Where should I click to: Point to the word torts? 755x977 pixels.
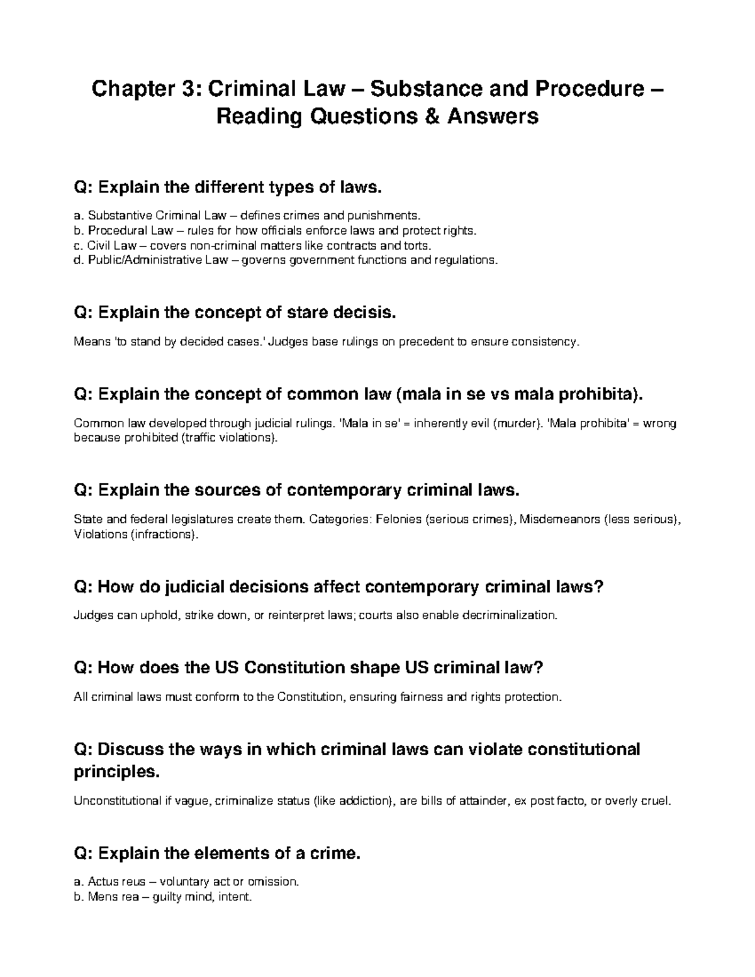[x=418, y=245]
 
